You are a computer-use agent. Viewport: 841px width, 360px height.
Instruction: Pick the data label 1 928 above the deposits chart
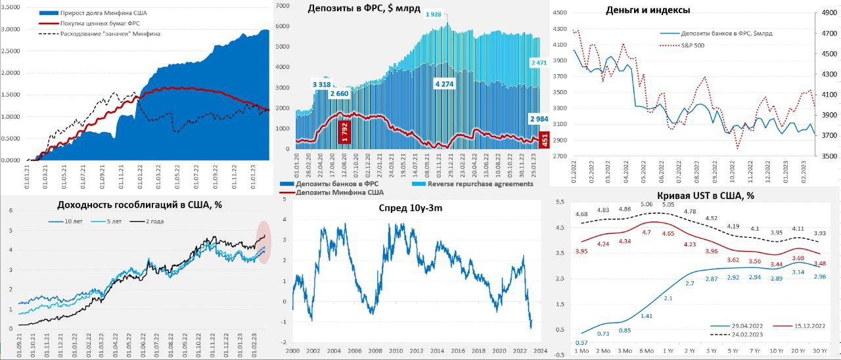pos(434,14)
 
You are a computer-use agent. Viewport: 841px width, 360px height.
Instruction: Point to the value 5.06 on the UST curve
pos(647,205)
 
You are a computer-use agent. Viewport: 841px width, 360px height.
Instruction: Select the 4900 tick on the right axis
pos(829,12)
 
